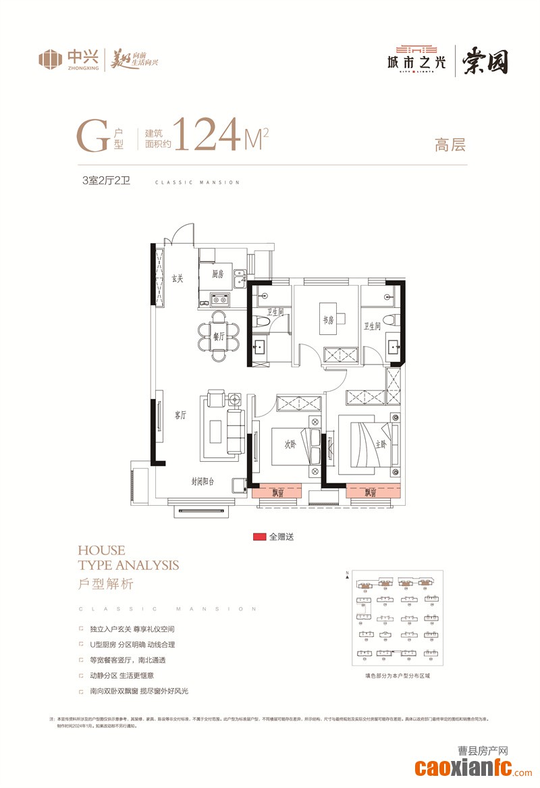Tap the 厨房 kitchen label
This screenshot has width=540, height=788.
point(217,274)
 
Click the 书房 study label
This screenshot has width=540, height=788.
point(327,320)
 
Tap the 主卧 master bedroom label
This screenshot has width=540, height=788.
point(381,444)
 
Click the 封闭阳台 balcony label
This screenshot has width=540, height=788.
point(202,481)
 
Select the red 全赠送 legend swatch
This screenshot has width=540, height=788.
point(258,537)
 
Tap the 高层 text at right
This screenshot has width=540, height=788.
point(450,144)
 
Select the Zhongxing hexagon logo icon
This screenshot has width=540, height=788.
point(50,59)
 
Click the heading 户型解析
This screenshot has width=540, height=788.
point(106,583)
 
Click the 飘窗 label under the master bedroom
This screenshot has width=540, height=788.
point(369,493)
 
